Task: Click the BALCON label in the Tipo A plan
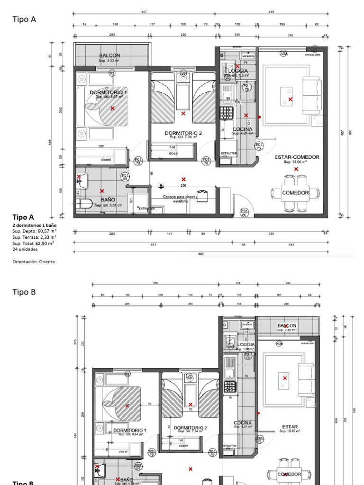click(109, 56)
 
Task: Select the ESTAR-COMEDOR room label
click(297, 157)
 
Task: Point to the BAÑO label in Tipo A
click(108, 200)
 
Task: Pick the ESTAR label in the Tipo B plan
click(290, 426)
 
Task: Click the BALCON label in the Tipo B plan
click(287, 326)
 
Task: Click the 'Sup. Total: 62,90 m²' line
click(33, 242)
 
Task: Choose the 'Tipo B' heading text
click(24, 292)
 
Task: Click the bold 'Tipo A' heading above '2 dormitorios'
click(23, 217)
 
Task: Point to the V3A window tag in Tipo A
click(284, 54)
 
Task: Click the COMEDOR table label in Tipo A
click(295, 193)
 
